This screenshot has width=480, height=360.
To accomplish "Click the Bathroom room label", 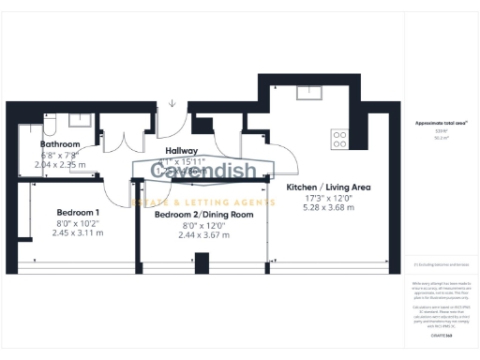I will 60,144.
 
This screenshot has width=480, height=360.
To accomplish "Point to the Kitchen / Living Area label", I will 328,187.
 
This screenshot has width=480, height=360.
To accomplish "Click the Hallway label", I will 180,150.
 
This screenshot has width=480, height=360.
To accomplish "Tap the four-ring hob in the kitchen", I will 340,139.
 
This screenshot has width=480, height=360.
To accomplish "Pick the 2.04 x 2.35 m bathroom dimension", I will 60,165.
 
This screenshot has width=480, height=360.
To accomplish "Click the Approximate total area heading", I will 435,123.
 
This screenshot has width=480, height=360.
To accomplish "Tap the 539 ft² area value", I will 434,133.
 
